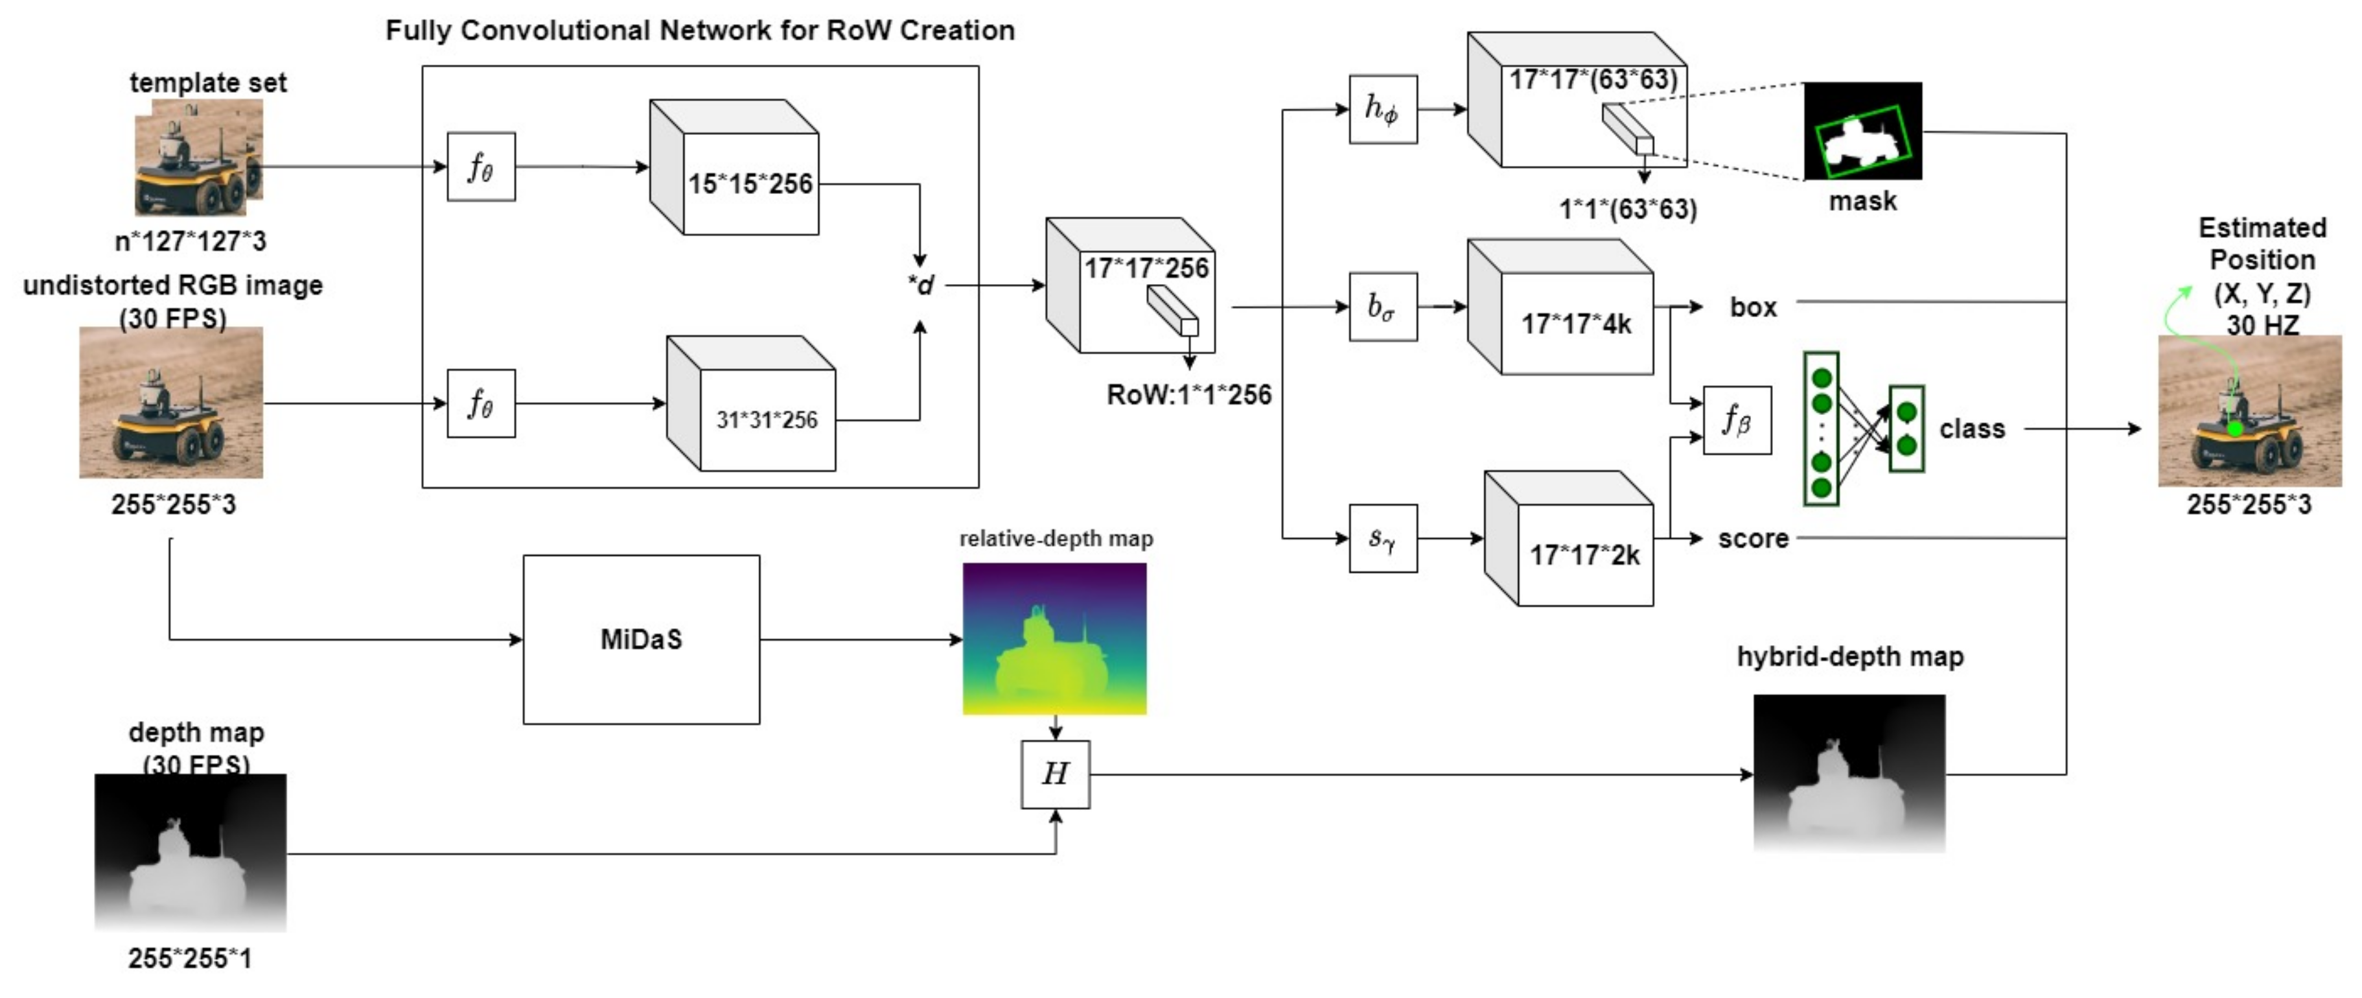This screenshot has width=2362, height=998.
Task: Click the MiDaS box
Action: [641, 639]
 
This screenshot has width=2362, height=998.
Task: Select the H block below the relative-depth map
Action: [1056, 774]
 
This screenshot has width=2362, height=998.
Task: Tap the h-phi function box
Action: [1383, 109]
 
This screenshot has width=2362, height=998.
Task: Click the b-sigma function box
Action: [1383, 306]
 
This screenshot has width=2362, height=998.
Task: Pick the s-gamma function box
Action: [1383, 538]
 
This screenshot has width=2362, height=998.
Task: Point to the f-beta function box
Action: [1737, 420]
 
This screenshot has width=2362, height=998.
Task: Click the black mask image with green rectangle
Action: [1862, 131]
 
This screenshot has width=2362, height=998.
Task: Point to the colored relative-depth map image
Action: [1054, 639]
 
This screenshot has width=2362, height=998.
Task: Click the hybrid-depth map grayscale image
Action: [1849, 773]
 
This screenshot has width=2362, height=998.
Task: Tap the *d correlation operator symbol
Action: [921, 285]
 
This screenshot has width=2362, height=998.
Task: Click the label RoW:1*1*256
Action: [1188, 396]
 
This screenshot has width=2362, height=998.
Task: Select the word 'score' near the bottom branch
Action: [1752, 538]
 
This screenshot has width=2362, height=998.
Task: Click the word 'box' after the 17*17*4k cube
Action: [1752, 307]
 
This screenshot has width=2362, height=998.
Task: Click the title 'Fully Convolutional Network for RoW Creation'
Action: [700, 30]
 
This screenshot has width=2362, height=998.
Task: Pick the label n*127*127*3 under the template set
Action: [190, 241]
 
